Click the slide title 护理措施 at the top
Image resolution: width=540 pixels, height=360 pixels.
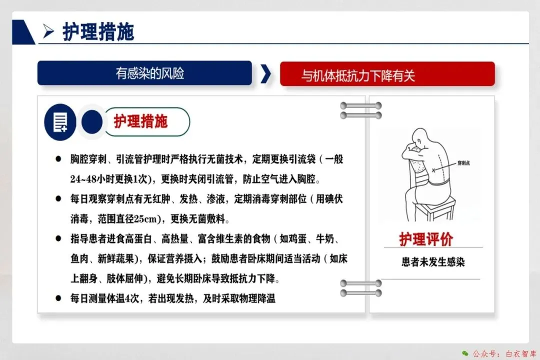(x=98, y=32)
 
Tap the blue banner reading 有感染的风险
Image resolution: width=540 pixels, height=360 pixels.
(x=144, y=73)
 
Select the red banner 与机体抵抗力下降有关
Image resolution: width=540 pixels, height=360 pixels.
(x=387, y=74)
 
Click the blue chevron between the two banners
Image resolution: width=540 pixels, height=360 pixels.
(x=265, y=73)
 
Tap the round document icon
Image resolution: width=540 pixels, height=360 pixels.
(x=60, y=122)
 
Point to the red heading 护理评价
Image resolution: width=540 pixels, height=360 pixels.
(x=426, y=239)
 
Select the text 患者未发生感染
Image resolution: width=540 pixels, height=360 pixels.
(x=433, y=262)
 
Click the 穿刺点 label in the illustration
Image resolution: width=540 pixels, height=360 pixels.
(x=463, y=163)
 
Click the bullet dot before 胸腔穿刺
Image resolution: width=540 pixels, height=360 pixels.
(x=58, y=159)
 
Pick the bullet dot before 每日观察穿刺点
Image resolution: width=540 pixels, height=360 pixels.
(x=58, y=199)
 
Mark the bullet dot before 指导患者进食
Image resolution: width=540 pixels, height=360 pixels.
(x=58, y=238)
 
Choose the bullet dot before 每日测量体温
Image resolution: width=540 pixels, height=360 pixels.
(x=58, y=298)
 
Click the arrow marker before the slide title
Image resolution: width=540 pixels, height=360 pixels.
(x=48, y=31)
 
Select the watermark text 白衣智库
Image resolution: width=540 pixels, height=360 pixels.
(x=520, y=353)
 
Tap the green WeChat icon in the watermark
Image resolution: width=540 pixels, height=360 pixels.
(x=465, y=353)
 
